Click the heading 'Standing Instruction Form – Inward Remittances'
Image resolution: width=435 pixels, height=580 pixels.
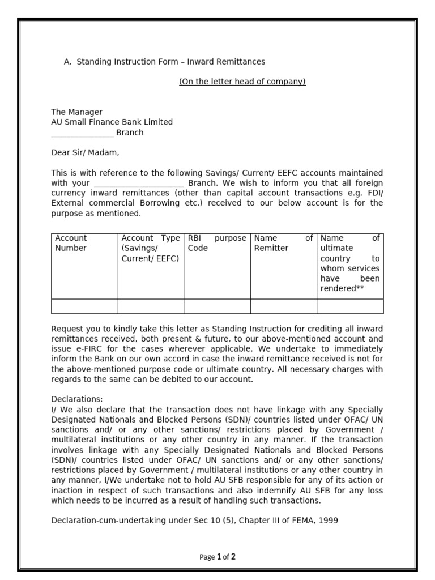[170, 61]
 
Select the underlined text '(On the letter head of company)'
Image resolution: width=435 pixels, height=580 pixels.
[242, 82]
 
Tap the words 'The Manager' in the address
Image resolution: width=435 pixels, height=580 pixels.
[76, 112]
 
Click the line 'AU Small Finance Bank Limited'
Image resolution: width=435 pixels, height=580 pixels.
[112, 122]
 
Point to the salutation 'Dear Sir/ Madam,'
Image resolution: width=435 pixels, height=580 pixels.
[85, 152]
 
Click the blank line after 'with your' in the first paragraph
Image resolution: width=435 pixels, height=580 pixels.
[138, 184]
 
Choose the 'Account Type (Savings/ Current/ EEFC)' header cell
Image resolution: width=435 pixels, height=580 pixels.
[151, 249]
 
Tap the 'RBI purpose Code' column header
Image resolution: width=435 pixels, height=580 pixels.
[217, 244]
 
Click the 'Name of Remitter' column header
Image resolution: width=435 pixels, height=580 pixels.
[283, 244]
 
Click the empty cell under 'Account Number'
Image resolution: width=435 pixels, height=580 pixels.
[84, 306]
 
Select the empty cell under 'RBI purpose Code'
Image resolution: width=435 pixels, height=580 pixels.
[217, 306]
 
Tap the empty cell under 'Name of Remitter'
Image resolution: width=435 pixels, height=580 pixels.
[283, 306]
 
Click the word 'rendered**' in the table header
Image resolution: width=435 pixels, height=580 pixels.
[342, 289]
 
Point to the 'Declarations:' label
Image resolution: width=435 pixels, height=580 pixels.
[77, 399]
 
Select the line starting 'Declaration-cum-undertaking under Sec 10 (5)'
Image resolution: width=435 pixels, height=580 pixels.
[194, 520]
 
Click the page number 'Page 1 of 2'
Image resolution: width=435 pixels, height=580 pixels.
[217, 557]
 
